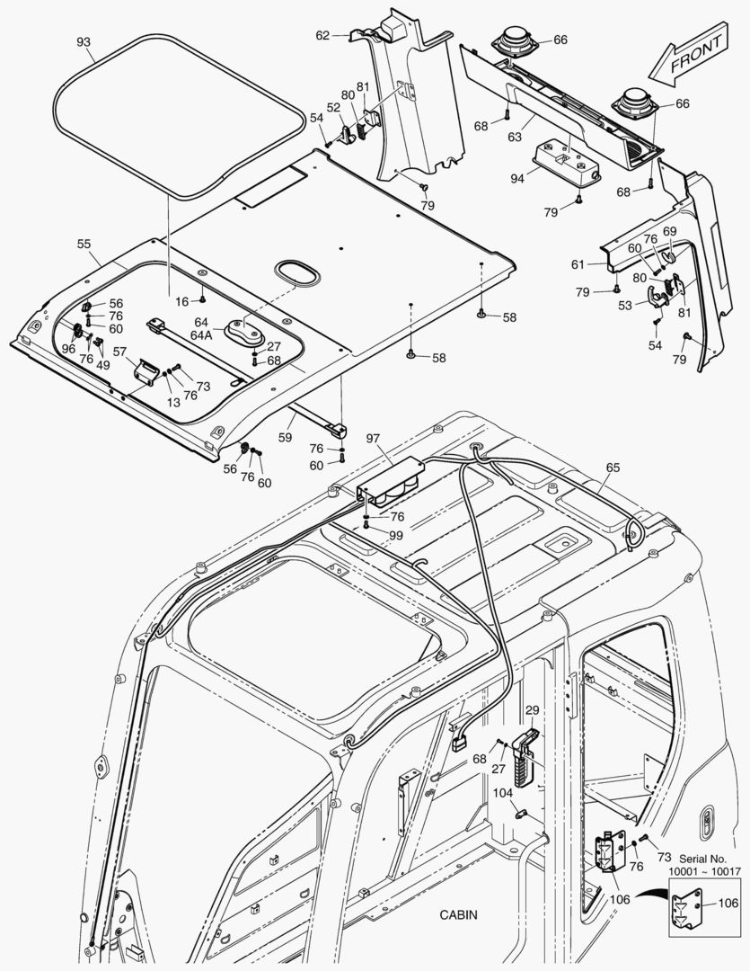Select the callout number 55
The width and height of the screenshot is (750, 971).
[84, 244]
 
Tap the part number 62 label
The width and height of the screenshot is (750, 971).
[322, 35]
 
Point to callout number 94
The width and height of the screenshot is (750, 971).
[517, 179]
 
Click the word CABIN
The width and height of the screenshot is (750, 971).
[458, 915]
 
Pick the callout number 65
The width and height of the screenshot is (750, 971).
[613, 468]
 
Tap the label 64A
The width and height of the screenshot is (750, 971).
[201, 334]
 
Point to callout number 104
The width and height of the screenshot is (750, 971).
[502, 793]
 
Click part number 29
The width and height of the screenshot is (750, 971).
[532, 710]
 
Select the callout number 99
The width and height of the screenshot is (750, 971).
[396, 535]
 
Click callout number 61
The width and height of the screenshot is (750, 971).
[578, 264]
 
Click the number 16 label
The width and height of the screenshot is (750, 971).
[181, 301]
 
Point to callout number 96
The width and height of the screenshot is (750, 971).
[68, 349]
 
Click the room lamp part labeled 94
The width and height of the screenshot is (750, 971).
[562, 162]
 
